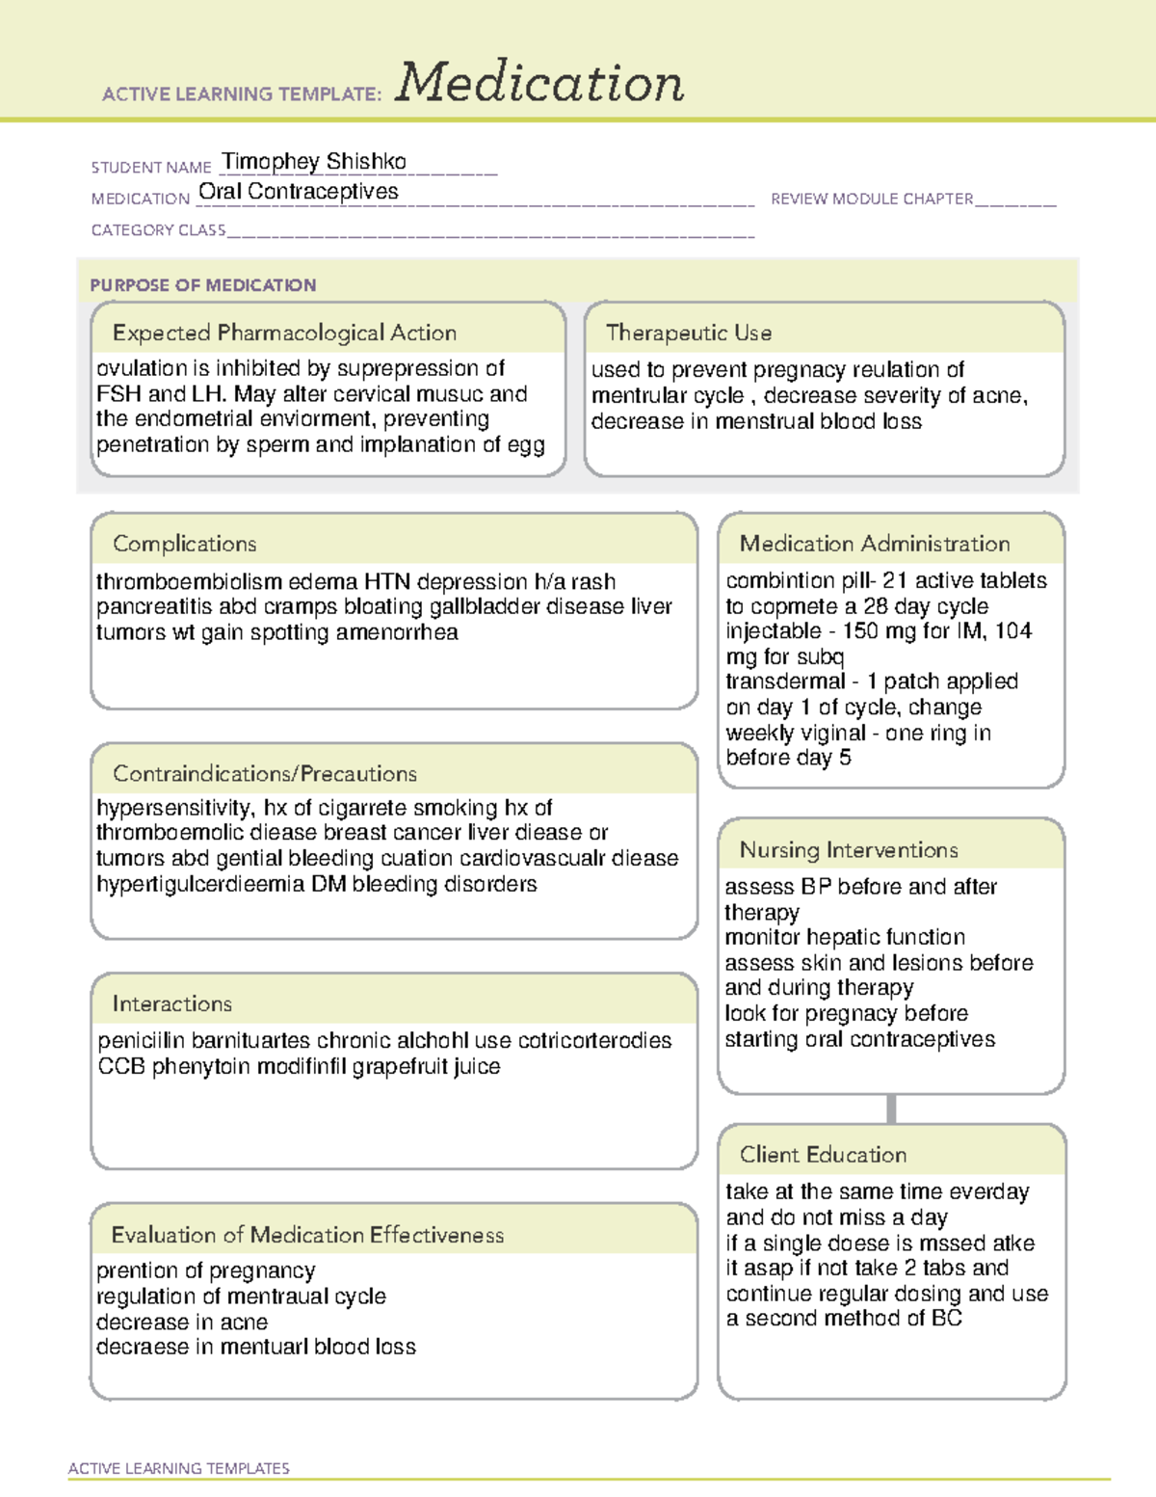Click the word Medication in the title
(539, 83)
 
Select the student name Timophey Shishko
(314, 161)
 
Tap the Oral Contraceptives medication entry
(299, 192)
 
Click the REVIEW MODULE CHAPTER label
(872, 199)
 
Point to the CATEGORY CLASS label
(158, 230)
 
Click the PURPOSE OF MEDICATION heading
(203, 285)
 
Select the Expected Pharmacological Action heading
(284, 333)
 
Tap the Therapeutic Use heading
(689, 333)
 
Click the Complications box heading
(185, 544)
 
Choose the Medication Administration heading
(875, 544)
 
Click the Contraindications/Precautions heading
(265, 773)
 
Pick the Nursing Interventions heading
(849, 849)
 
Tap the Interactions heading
(172, 1003)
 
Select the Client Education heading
(823, 1154)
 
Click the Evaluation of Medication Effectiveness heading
(307, 1235)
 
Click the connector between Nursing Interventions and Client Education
(891, 1109)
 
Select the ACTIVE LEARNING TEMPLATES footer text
(179, 1468)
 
